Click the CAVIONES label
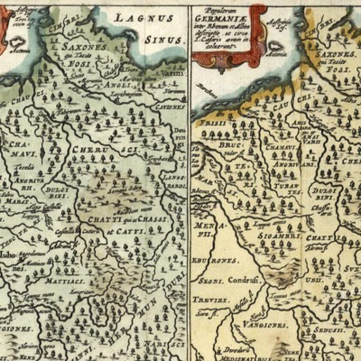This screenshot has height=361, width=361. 170,106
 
